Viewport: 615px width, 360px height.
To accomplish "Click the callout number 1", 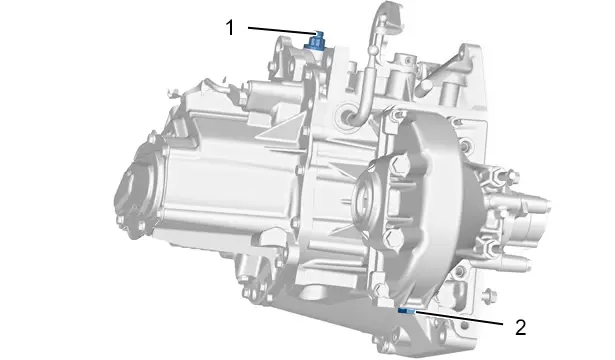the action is (x=229, y=28).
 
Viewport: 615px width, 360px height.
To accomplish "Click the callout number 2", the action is (x=520, y=327).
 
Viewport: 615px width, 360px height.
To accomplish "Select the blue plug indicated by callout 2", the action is (x=406, y=311).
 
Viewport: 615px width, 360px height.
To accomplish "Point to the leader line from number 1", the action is (x=282, y=30).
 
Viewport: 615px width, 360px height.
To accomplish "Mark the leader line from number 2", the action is (x=459, y=318).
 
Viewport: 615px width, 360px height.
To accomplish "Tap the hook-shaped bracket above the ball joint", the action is (x=388, y=18).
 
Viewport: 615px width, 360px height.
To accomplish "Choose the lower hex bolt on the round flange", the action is (x=392, y=240).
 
